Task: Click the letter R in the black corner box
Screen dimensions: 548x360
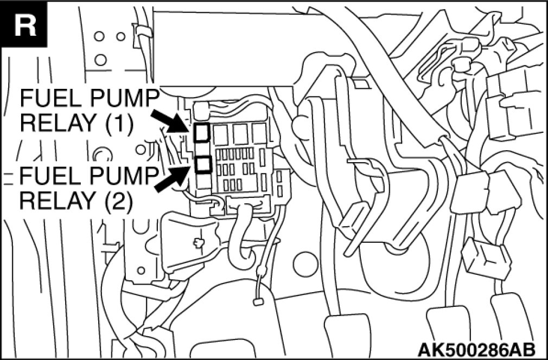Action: [24, 25]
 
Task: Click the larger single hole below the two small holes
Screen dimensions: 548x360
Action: [100, 59]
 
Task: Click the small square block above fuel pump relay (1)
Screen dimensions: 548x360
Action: [202, 111]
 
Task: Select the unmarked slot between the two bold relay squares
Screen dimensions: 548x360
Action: [202, 147]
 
